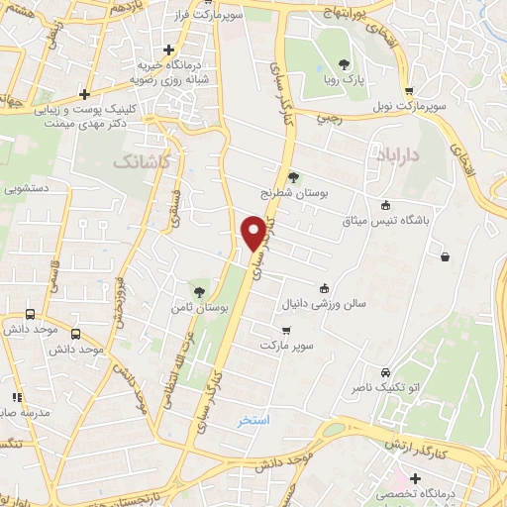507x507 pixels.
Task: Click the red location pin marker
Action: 253,232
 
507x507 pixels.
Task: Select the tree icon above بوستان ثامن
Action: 201,290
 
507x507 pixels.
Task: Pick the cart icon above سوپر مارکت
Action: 286,331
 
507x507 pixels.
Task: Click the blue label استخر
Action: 253,421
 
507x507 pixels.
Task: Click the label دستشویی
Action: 29,186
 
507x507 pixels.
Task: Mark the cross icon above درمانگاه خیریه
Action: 169,49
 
